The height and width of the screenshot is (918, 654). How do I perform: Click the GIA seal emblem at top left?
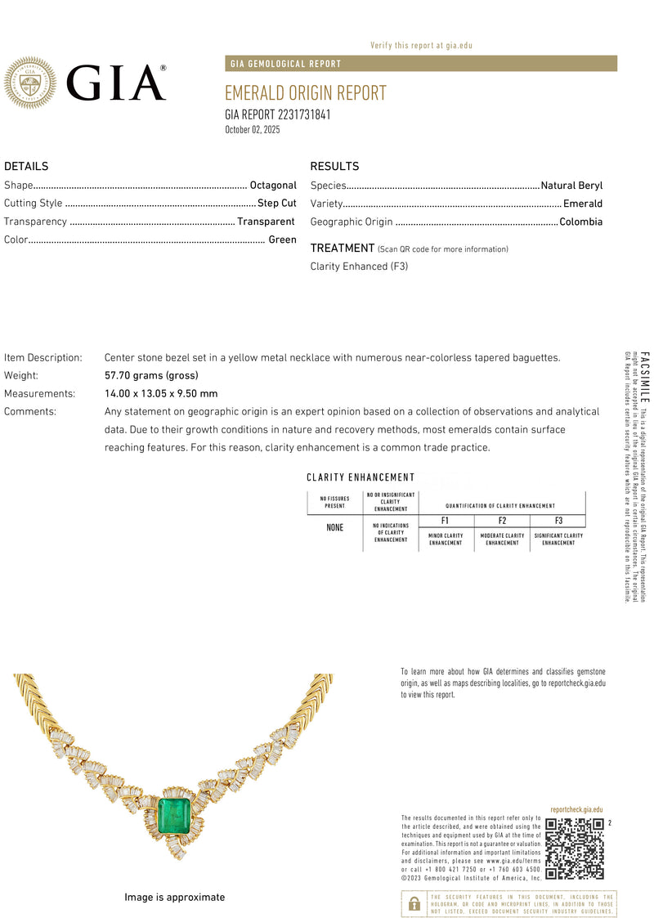[x=30, y=83]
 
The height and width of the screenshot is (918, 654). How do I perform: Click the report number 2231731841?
[x=278, y=114]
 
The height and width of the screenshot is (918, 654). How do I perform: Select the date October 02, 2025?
[x=253, y=130]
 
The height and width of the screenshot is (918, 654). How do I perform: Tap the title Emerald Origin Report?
[x=305, y=93]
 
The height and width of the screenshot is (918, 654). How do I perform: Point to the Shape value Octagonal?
[x=273, y=186]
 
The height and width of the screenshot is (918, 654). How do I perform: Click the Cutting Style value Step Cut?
[x=277, y=204]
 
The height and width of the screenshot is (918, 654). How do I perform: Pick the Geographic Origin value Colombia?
[x=580, y=222]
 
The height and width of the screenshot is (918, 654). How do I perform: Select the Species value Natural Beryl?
[x=571, y=186]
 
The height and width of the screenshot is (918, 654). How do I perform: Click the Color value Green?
[x=282, y=240]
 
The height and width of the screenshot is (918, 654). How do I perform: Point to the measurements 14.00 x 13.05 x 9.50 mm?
[x=161, y=393]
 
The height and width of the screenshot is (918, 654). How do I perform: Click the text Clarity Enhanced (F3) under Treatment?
[x=359, y=266]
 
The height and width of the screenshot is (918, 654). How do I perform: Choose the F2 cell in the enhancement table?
[x=502, y=521]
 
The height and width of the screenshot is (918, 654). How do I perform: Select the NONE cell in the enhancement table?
[x=335, y=528]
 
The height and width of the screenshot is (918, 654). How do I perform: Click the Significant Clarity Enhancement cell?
[x=558, y=540]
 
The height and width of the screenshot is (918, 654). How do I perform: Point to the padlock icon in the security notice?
[x=414, y=902]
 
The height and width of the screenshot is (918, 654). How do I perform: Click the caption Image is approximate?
[x=174, y=897]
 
